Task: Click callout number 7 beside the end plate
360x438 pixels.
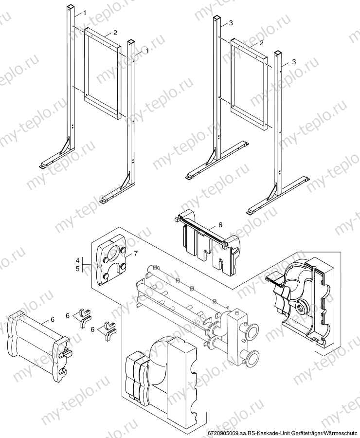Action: [136, 253]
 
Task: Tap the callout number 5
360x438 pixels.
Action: [77, 269]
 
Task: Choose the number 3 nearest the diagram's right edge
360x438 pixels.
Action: [294, 62]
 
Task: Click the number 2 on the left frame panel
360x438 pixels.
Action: [115, 33]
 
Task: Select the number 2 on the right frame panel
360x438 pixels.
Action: [261, 43]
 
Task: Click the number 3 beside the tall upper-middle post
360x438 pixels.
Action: [231, 23]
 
